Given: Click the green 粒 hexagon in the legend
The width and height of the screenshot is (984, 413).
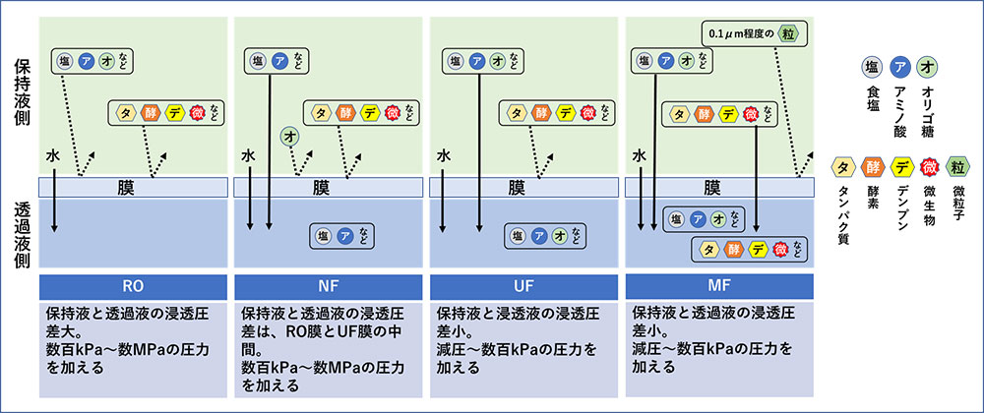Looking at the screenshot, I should coord(957,166).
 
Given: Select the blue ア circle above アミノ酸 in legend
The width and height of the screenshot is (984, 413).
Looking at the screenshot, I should coord(899,68).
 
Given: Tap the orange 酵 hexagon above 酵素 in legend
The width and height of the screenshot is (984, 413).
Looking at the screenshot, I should coord(871,166).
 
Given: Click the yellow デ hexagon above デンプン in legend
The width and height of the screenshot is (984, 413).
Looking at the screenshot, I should coord(899,166).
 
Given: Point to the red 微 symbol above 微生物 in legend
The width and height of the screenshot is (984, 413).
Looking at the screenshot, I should coord(928,166).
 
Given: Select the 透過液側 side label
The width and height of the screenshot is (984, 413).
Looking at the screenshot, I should coord(23,235).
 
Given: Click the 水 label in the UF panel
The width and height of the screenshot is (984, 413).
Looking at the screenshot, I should coord(445,155).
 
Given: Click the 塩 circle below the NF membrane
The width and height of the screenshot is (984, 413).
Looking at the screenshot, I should coord(323,234).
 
